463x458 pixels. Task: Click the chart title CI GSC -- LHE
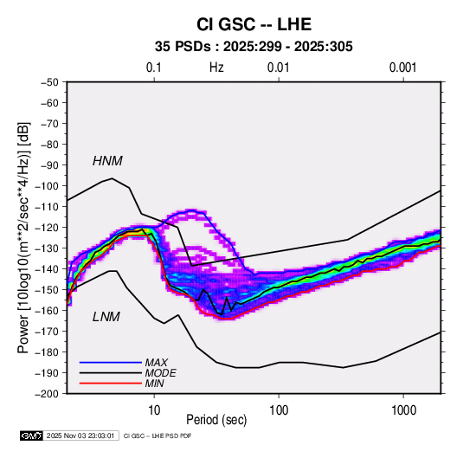[x=254, y=24]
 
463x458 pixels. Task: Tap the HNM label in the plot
[x=107, y=161]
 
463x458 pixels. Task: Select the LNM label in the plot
[x=106, y=317]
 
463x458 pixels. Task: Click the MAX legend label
[x=156, y=362]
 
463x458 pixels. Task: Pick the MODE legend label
[x=160, y=373]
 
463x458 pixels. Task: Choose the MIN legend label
[x=154, y=384]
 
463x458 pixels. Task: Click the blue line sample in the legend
[x=111, y=362]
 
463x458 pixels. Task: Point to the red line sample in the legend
[x=111, y=384]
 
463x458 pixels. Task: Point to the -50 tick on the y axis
[x=49, y=82]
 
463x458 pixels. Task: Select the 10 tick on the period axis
[x=154, y=410]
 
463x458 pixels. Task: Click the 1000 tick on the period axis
[x=403, y=410]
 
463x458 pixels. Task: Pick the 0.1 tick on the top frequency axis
[x=154, y=68]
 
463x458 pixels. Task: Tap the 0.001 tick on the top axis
[x=403, y=68]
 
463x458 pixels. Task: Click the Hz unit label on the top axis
[x=216, y=68]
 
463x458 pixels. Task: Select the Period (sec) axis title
[x=216, y=420]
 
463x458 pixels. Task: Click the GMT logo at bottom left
[x=32, y=435]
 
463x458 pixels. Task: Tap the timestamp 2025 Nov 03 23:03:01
[x=80, y=435]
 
